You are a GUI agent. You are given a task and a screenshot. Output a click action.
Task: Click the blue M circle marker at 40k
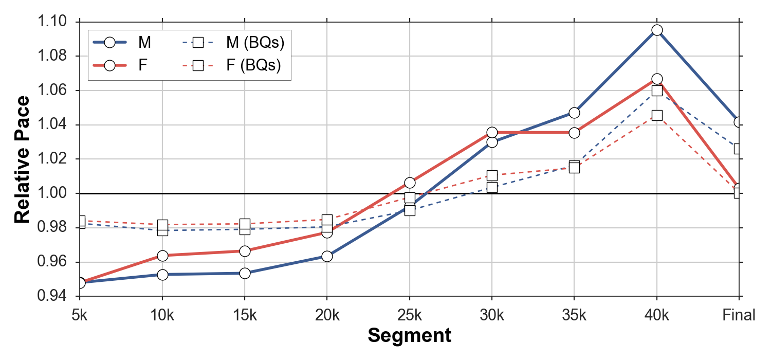click(656, 30)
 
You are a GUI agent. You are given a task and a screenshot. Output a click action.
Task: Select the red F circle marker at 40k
click(656, 79)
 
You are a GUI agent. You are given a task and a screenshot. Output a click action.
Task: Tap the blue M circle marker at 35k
click(574, 113)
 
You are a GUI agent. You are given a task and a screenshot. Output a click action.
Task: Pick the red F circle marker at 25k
click(410, 183)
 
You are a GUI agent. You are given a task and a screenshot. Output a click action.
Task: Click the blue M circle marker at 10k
click(162, 275)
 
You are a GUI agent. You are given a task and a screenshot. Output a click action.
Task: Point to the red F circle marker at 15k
click(245, 251)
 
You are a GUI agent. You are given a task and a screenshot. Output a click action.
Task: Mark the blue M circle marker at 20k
click(327, 256)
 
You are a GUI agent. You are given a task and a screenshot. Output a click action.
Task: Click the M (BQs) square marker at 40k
click(656, 91)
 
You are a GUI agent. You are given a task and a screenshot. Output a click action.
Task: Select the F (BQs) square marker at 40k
click(656, 115)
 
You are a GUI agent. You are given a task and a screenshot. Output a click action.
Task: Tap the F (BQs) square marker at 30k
click(492, 175)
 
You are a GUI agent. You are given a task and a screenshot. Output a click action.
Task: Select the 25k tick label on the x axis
click(410, 314)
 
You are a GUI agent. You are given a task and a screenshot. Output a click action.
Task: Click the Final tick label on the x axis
click(739, 314)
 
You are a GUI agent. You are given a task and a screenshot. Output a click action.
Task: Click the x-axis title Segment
click(410, 336)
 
